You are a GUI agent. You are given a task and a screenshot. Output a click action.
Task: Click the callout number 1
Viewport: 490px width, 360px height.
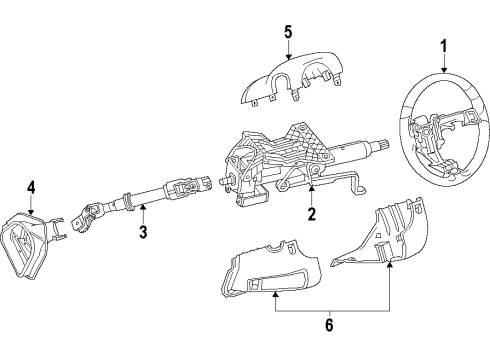click(x=444, y=44)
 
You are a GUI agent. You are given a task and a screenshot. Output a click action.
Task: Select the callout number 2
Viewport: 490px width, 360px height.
click(x=311, y=214)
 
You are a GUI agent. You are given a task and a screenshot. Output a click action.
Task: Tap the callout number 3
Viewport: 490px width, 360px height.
click(x=142, y=233)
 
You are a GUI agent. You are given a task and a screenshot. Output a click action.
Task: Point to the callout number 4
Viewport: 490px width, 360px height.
click(x=31, y=186)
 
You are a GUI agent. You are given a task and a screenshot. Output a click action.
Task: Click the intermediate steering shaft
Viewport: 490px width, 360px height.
click(x=150, y=199)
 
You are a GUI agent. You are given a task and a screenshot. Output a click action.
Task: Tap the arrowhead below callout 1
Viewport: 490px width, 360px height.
click(x=444, y=75)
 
